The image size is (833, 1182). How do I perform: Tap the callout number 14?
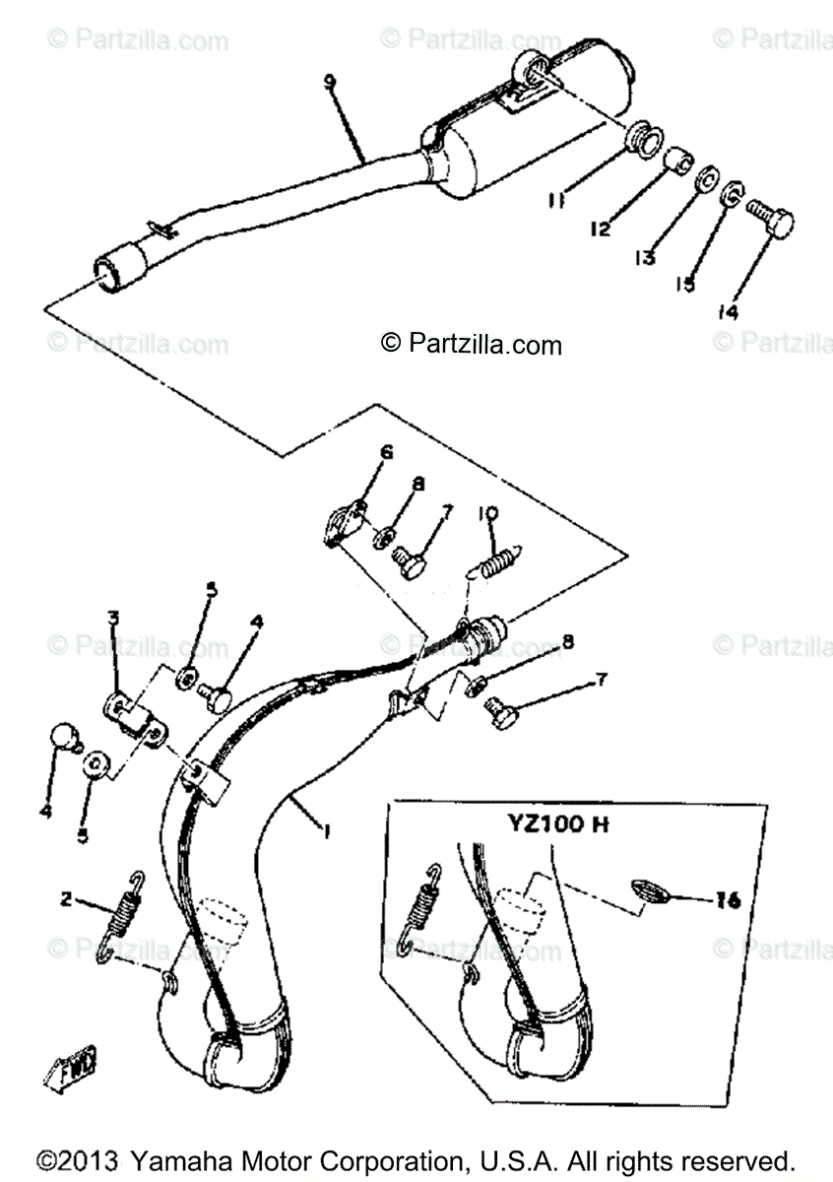coord(727,312)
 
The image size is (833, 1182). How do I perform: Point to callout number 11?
coord(556,201)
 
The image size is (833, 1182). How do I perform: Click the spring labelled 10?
coord(502,563)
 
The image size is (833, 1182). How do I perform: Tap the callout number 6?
coord(386,453)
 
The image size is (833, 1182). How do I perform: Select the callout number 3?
coord(113,618)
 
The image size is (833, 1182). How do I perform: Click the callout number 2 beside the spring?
coord(66,899)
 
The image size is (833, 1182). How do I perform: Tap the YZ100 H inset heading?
coord(559,824)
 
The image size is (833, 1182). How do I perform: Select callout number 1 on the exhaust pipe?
coord(325,830)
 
